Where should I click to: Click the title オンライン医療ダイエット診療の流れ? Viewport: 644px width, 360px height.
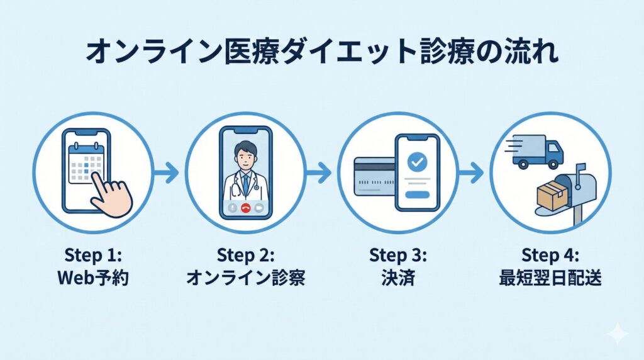coord(321,53)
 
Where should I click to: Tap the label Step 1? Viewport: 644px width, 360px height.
coord(92,256)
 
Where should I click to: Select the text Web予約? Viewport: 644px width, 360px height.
coord(92,278)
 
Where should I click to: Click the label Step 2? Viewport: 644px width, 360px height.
coord(245,256)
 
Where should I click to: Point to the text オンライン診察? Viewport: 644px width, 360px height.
coord(245,278)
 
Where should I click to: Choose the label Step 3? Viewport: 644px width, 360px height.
coord(397,256)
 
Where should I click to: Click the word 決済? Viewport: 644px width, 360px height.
coord(397,278)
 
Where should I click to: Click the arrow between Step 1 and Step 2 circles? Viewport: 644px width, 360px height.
coord(167,171)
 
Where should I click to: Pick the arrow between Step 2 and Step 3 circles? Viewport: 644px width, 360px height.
coord(320,171)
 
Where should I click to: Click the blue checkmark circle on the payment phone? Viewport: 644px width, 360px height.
coord(416,162)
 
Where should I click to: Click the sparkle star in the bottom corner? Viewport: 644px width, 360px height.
coord(618,334)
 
